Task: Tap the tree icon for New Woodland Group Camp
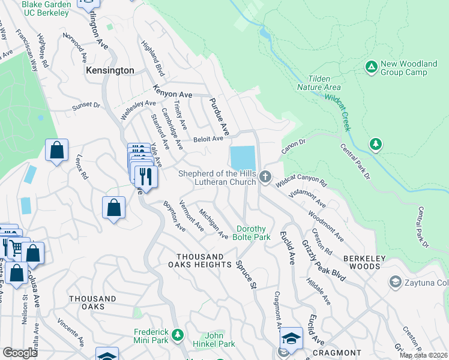click(372, 66)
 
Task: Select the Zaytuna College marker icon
click(395, 281)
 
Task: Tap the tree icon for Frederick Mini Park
click(177, 334)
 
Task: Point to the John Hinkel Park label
click(206, 340)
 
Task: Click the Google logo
click(20, 352)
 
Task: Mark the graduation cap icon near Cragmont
click(291, 338)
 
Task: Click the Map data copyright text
click(423, 355)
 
